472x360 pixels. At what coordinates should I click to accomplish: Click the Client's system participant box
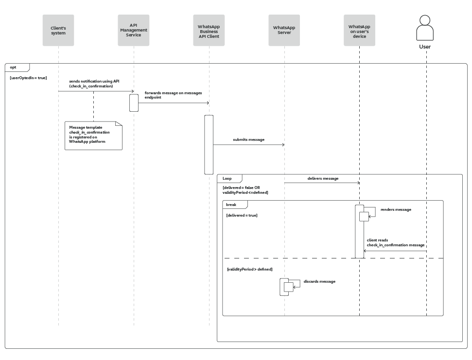[x=58, y=30]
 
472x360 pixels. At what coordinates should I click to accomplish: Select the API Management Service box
[x=134, y=30]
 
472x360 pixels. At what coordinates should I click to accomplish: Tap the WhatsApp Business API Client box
[x=209, y=30]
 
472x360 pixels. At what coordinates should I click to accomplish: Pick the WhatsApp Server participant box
[x=284, y=30]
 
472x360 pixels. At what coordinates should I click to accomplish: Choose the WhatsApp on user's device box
[x=360, y=30]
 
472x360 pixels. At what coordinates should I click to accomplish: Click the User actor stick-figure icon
[x=425, y=28]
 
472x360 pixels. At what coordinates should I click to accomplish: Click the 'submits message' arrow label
[x=248, y=139]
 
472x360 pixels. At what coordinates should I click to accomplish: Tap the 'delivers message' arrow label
[x=323, y=178]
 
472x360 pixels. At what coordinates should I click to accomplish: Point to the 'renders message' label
[x=396, y=209]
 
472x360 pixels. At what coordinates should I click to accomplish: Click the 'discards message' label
[x=319, y=281]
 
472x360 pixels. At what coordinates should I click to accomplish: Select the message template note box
[x=93, y=136]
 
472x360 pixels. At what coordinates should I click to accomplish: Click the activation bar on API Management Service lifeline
[x=134, y=103]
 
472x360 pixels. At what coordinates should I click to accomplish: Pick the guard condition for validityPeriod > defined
[x=249, y=269]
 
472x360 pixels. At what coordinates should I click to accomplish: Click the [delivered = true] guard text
[x=242, y=215]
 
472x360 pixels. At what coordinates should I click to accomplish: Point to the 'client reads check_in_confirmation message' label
[x=396, y=243]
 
